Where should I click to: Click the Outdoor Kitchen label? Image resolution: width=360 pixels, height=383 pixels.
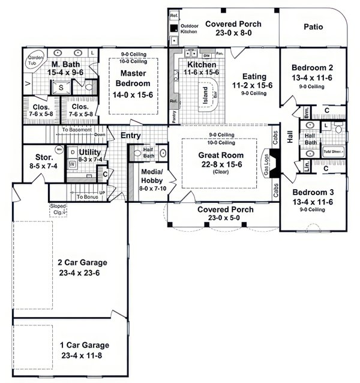[190, 28]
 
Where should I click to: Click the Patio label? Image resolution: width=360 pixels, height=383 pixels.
[313, 26]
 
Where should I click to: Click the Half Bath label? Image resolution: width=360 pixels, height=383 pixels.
[149, 153]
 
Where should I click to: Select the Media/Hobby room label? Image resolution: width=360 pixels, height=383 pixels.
[149, 175]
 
